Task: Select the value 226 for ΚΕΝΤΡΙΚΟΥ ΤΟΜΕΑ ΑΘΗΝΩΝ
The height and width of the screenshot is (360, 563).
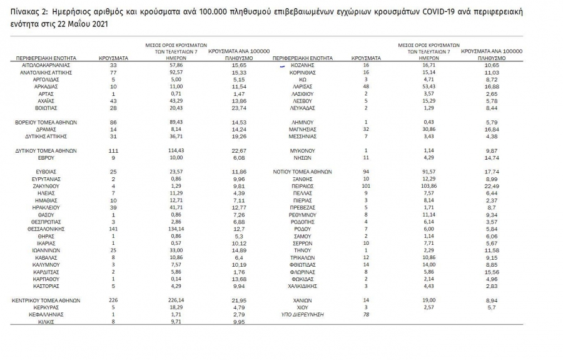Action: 114,301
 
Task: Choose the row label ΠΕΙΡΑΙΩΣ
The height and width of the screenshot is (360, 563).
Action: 302,186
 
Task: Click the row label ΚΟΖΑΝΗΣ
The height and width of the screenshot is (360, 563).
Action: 302,64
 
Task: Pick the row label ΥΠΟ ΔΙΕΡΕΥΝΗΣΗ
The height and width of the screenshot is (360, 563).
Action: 302,314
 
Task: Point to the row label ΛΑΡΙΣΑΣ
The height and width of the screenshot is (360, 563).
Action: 302,86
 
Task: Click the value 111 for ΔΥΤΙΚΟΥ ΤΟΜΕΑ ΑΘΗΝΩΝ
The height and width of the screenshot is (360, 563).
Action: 114,150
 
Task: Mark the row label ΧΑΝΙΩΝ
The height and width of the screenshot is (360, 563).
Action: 302,301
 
